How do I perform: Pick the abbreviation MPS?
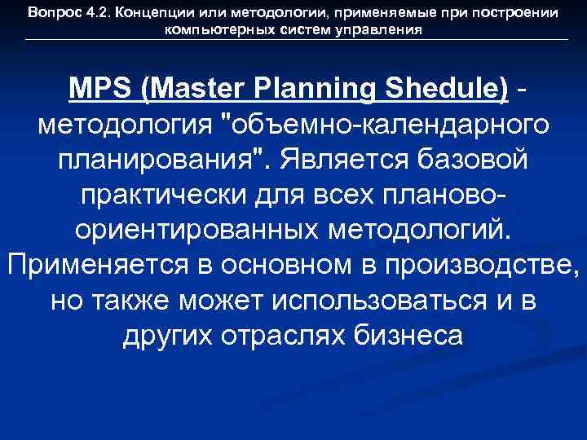point(101,88)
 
